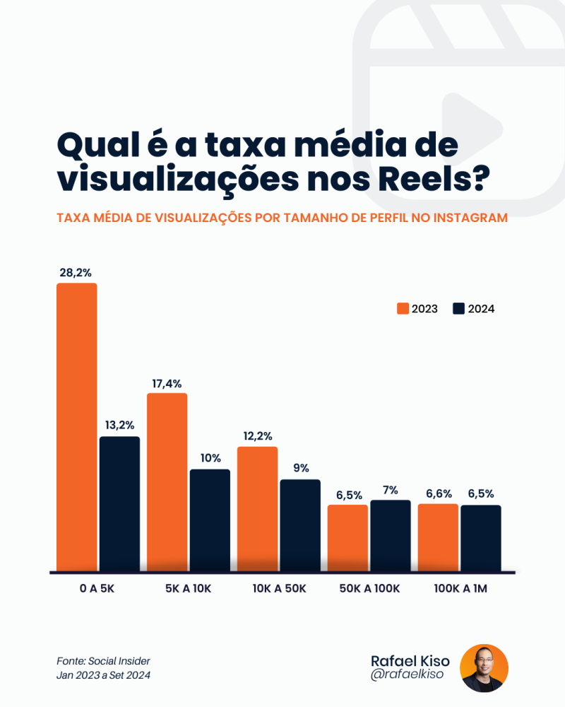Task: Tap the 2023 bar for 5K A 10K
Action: tap(167, 481)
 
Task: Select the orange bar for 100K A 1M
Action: tap(438, 537)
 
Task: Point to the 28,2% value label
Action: tap(76, 272)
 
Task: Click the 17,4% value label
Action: tap(167, 383)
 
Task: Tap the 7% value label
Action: tap(391, 490)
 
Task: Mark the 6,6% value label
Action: tap(438, 493)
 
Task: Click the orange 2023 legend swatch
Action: tap(403, 308)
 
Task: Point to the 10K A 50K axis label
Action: tap(279, 588)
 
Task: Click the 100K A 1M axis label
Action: tap(460, 588)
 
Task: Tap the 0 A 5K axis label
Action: tap(97, 588)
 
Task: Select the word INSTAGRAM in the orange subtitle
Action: tap(470, 218)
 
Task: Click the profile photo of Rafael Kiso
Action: tap(484, 668)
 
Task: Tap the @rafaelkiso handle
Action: tap(408, 676)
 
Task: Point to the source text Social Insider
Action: tap(119, 661)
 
